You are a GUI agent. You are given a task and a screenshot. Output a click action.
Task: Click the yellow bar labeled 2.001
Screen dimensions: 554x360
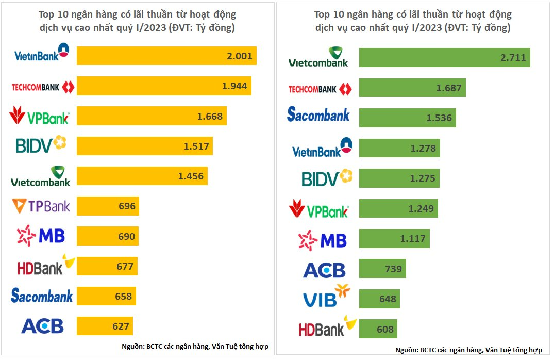(x=166, y=56)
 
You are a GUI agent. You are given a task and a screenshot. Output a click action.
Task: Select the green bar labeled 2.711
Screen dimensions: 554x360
(x=444, y=57)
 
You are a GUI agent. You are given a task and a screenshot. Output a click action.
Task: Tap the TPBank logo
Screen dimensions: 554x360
(x=41, y=206)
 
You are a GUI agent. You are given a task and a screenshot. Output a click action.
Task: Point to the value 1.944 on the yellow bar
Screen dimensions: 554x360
(x=234, y=86)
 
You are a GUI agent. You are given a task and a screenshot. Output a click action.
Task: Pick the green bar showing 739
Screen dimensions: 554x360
(x=382, y=268)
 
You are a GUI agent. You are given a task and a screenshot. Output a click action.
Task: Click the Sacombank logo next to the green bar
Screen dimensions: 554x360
(x=318, y=114)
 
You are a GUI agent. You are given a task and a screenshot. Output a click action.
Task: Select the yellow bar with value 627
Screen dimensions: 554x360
(x=105, y=325)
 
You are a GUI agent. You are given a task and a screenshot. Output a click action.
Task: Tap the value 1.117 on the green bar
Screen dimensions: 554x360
(x=413, y=239)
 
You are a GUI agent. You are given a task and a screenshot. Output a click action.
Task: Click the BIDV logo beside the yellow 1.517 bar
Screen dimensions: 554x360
(x=41, y=144)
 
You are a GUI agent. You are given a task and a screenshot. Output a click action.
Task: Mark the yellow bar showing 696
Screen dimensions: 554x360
(x=108, y=206)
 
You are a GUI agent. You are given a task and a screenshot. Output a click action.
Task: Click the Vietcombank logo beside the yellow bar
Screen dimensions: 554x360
(x=41, y=176)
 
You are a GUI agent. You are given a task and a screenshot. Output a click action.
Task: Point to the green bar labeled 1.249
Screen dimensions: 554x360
(x=398, y=208)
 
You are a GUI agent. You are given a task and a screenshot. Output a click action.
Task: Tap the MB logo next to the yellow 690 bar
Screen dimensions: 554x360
(x=41, y=236)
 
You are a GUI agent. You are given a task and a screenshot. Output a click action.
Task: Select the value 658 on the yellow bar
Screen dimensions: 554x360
(x=123, y=297)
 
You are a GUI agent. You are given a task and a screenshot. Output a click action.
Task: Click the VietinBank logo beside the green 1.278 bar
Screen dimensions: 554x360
(x=322, y=148)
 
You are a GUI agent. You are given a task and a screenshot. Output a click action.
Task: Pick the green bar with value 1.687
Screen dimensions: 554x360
(x=412, y=88)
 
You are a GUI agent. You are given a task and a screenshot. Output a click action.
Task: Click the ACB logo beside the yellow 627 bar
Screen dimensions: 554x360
(x=42, y=326)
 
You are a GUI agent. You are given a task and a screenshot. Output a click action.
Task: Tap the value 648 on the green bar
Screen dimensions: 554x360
(x=388, y=299)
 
